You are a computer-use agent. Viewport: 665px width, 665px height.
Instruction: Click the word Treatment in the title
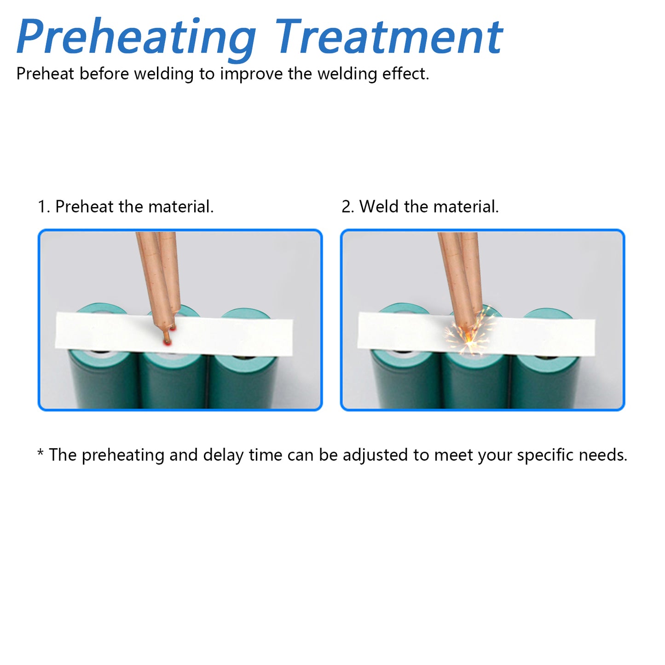click(389, 36)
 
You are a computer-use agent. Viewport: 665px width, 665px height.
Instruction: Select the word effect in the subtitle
click(408, 73)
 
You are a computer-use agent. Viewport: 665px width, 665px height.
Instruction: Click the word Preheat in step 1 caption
click(85, 206)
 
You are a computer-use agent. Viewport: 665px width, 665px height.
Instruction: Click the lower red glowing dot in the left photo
click(168, 342)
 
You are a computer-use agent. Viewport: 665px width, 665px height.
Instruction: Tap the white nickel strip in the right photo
click(476, 334)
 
